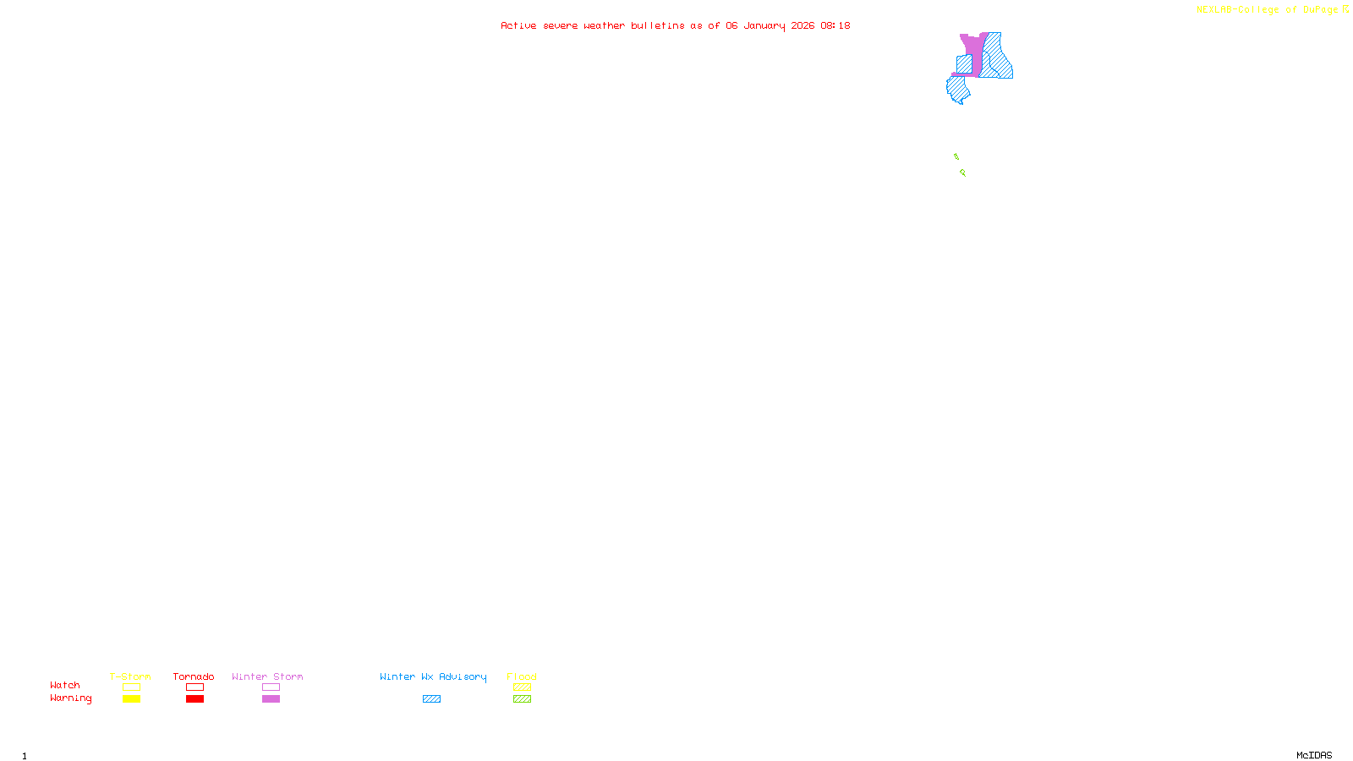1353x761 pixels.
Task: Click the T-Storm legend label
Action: point(130,676)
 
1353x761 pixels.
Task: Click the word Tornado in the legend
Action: point(194,676)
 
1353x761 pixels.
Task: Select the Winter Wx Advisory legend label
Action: point(433,676)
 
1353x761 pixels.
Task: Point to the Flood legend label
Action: point(522,676)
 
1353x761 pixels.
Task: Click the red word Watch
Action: point(65,685)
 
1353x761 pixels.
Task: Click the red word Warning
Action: point(70,698)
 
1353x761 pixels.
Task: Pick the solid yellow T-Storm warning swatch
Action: point(131,699)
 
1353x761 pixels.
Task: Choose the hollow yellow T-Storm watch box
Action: point(131,687)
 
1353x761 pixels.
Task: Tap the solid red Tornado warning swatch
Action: point(194,699)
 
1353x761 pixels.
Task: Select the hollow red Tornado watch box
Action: point(194,687)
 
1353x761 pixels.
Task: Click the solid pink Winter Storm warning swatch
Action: point(271,699)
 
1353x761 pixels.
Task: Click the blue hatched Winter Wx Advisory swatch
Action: point(431,699)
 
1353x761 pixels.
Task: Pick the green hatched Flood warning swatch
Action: point(522,699)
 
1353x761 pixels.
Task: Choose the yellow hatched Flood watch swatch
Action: point(522,687)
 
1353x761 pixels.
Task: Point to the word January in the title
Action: point(764,25)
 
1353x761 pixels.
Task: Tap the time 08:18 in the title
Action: point(835,25)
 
